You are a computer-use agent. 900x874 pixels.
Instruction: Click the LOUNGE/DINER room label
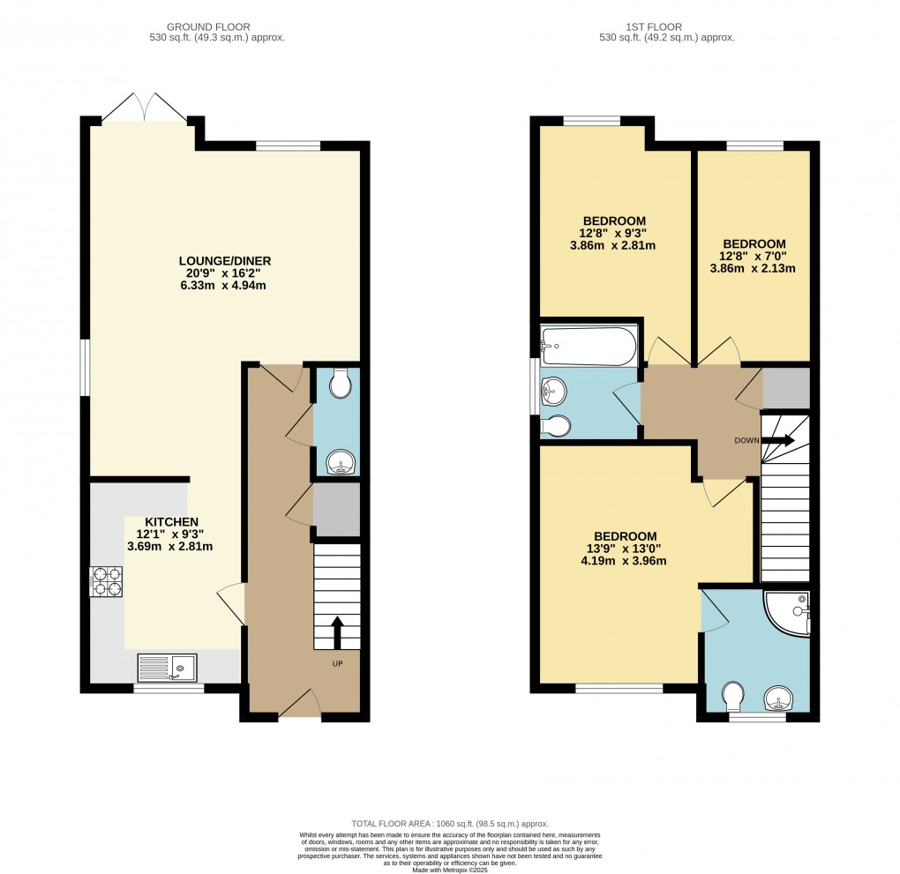[224, 261]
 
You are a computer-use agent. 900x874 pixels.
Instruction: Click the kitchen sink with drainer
[167, 668]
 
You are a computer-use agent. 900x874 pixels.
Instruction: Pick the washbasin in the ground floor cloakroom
[339, 463]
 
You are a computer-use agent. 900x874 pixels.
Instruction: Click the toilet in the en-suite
[733, 697]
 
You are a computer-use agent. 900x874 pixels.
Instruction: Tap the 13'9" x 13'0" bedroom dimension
[625, 548]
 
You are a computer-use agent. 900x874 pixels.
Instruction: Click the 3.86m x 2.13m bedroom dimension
[754, 268]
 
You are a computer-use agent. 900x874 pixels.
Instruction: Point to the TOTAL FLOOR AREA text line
[450, 821]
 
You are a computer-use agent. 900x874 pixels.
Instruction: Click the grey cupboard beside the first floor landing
[785, 386]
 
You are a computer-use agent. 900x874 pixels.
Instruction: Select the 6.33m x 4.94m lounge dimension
[224, 286]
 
